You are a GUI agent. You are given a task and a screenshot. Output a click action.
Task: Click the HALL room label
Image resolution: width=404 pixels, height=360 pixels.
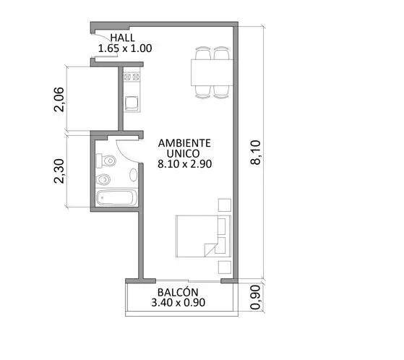tap(122, 38)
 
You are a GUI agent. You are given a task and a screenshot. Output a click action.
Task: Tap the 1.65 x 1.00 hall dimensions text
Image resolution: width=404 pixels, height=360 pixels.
tap(125, 48)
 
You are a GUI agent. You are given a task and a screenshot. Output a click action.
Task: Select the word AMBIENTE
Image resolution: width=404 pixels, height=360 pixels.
tap(184, 143)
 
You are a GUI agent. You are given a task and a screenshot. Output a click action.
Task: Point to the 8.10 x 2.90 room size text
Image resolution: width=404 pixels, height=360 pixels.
tap(185, 164)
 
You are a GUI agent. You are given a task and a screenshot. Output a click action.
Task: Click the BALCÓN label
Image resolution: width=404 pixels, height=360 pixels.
tap(178, 292)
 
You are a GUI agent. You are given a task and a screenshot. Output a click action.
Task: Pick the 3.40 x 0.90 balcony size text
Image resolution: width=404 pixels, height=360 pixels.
tap(179, 303)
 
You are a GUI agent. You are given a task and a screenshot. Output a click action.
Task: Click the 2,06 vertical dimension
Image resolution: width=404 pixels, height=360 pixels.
tap(59, 100)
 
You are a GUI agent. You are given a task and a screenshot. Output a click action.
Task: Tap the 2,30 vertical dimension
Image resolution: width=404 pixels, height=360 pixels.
tap(59, 171)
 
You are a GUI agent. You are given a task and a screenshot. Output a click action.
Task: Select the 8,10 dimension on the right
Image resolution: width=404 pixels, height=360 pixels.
tap(256, 153)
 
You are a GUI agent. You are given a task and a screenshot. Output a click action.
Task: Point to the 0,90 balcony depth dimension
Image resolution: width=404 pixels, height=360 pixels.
tap(256, 297)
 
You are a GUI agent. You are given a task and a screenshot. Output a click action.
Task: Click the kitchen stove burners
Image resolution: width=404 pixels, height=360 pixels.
tap(132, 77)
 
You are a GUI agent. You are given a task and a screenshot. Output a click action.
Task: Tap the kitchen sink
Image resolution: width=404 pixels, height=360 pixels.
tap(132, 103)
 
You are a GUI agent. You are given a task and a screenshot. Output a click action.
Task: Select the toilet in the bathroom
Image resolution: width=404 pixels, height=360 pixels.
tap(106, 161)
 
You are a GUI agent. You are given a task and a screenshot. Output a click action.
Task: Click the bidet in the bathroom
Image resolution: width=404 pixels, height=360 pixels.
tap(103, 179)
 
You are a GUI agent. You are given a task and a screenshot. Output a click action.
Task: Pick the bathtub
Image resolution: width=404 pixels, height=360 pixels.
tap(116, 197)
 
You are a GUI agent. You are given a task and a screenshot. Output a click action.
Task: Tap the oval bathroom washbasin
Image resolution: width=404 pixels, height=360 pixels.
tap(133, 175)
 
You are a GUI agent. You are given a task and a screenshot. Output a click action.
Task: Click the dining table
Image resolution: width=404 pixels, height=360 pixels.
tap(212, 72)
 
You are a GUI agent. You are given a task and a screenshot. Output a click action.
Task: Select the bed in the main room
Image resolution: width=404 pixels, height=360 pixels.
tap(203, 236)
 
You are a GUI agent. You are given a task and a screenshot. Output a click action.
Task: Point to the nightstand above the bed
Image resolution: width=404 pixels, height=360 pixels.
tap(225, 205)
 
